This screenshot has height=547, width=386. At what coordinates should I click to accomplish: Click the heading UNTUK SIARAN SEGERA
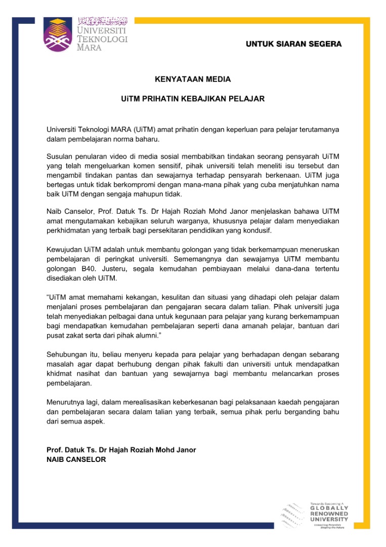[293, 45]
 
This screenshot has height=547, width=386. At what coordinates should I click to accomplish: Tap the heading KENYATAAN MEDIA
[193, 80]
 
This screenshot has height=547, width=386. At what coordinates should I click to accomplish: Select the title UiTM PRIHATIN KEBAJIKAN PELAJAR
[193, 99]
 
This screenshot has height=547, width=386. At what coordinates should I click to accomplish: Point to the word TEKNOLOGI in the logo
[102, 39]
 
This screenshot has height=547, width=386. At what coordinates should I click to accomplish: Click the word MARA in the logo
[89, 48]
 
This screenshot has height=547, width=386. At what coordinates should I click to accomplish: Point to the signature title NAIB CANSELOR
[76, 459]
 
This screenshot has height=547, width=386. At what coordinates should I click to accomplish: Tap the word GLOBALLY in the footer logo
[329, 508]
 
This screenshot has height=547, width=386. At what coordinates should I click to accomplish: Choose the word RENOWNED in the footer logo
[329, 514]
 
